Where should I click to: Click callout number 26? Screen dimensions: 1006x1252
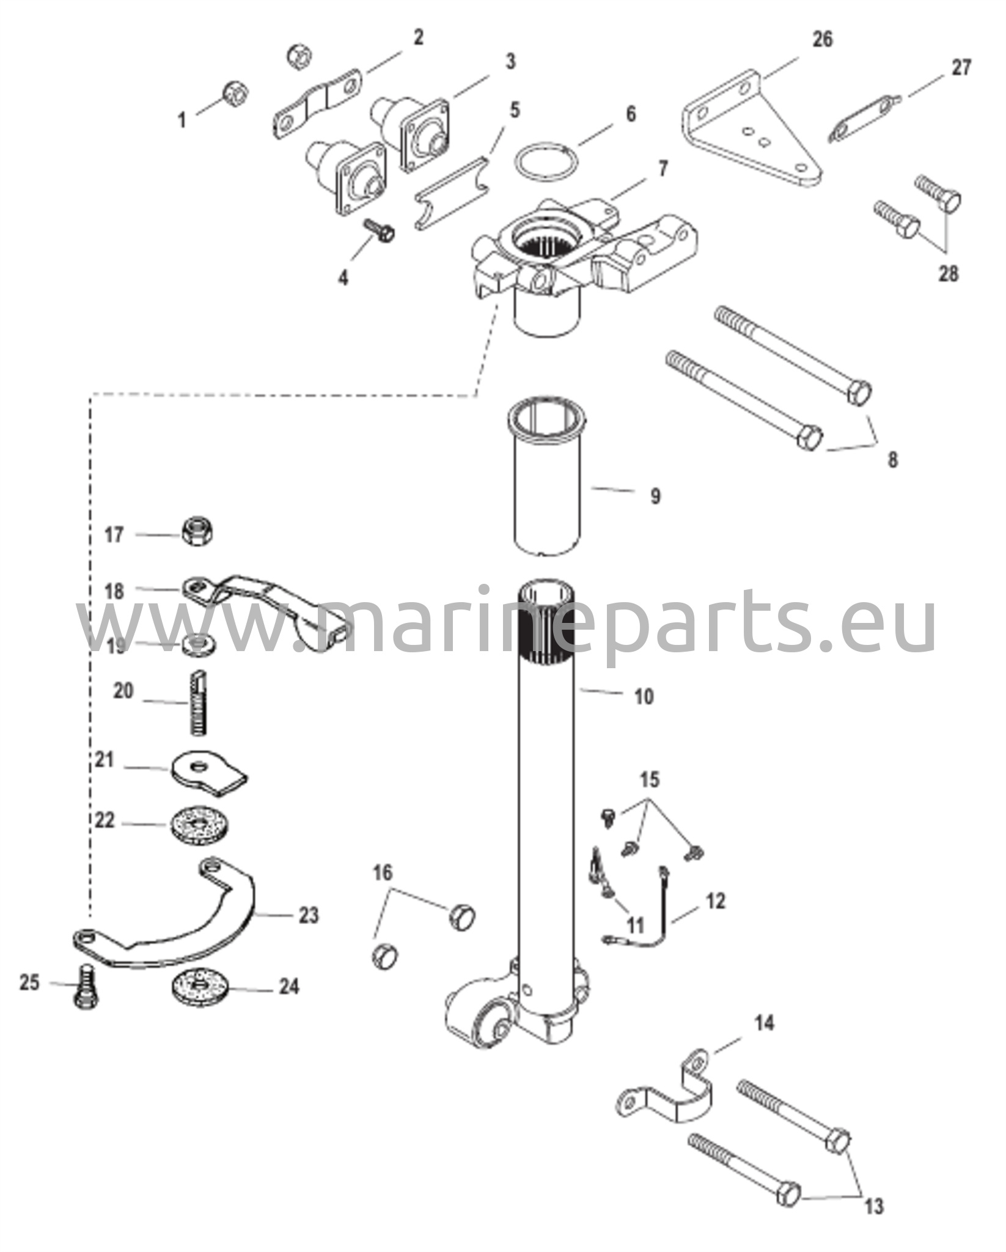(x=822, y=40)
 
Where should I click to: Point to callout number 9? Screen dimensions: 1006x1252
(x=655, y=496)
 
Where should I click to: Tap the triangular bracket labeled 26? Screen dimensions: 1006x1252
(x=752, y=131)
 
